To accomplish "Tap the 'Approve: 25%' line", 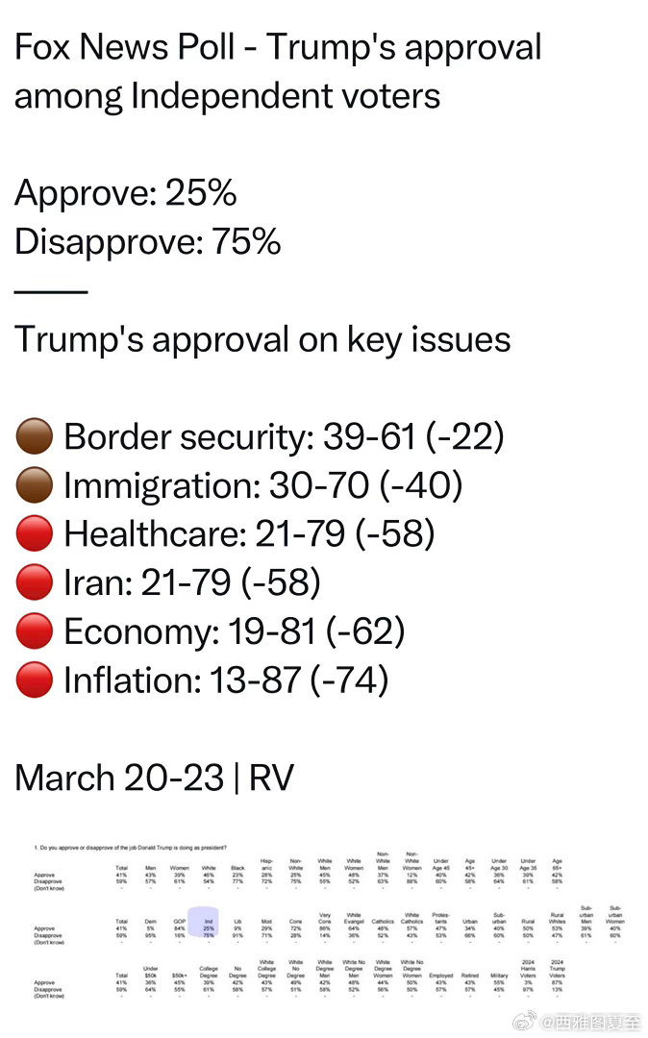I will coord(125,193).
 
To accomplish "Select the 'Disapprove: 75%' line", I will coord(147,242).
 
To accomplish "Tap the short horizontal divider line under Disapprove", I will coord(50,291).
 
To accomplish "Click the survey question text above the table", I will coord(130,847).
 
